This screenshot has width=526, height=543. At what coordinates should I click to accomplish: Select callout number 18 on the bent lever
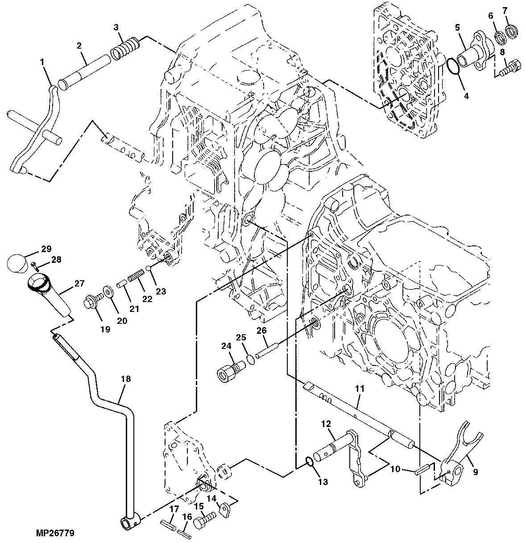(x=126, y=379)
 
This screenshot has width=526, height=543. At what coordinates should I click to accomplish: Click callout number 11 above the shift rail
(x=360, y=389)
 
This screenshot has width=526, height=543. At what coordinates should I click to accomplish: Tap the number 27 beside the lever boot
(x=79, y=283)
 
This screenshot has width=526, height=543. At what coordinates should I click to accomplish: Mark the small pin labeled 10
(x=422, y=469)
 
